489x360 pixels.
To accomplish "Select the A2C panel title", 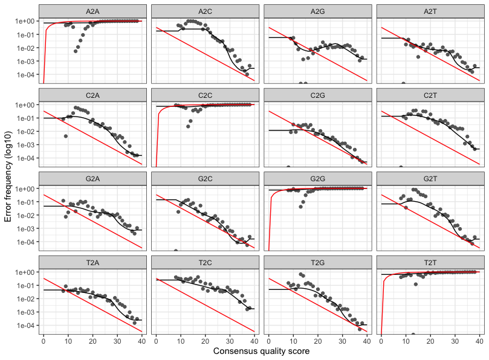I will tap(205, 11).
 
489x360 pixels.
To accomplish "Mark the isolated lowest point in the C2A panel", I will tap(65, 136).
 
